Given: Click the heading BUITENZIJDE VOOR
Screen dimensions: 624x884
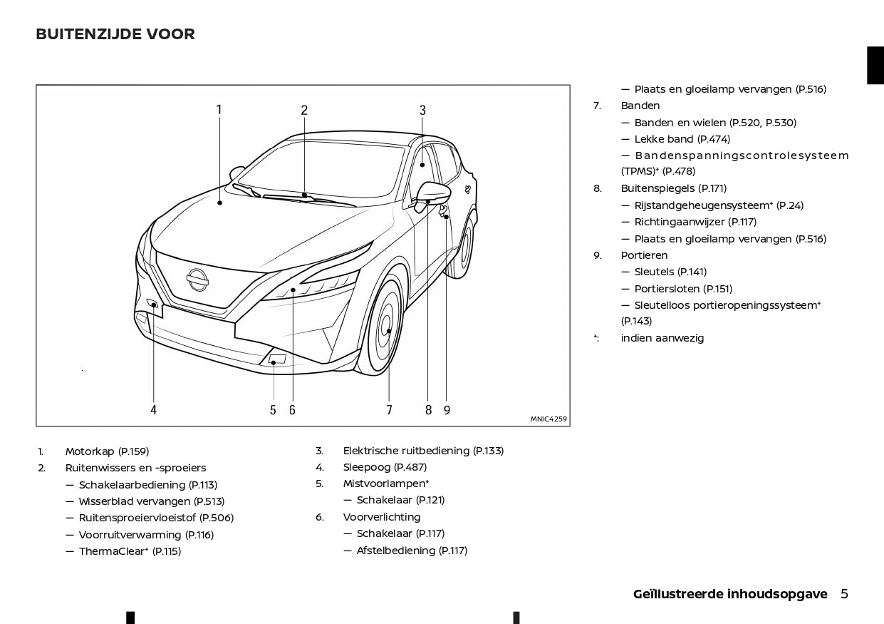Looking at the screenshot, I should pyautogui.click(x=115, y=34).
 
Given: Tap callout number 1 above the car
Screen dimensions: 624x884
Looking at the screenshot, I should pyautogui.click(x=219, y=110).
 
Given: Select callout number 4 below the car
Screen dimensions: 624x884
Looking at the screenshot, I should pyautogui.click(x=153, y=410).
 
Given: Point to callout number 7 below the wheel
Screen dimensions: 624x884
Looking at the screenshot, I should pyautogui.click(x=389, y=410).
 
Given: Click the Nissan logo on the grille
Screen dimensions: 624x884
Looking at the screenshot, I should pyautogui.click(x=197, y=280).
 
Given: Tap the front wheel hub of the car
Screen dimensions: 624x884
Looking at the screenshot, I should pyautogui.click(x=389, y=331).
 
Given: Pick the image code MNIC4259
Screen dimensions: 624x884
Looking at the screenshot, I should pyautogui.click(x=548, y=419).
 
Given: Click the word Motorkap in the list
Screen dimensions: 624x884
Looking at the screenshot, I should pyautogui.click(x=90, y=451).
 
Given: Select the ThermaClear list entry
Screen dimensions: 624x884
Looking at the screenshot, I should pyautogui.click(x=130, y=551).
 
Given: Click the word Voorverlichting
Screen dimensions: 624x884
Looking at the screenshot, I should pyautogui.click(x=382, y=517).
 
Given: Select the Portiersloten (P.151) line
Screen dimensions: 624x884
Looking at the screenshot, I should pyautogui.click(x=683, y=289).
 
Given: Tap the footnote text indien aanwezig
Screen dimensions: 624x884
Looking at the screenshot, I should pyautogui.click(x=662, y=338).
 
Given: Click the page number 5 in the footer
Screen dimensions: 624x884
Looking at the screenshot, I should pyautogui.click(x=844, y=594).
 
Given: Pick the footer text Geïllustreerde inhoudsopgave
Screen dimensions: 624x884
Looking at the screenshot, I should pyautogui.click(x=730, y=594).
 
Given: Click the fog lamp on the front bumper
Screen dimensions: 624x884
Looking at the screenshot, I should pyautogui.click(x=276, y=359).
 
